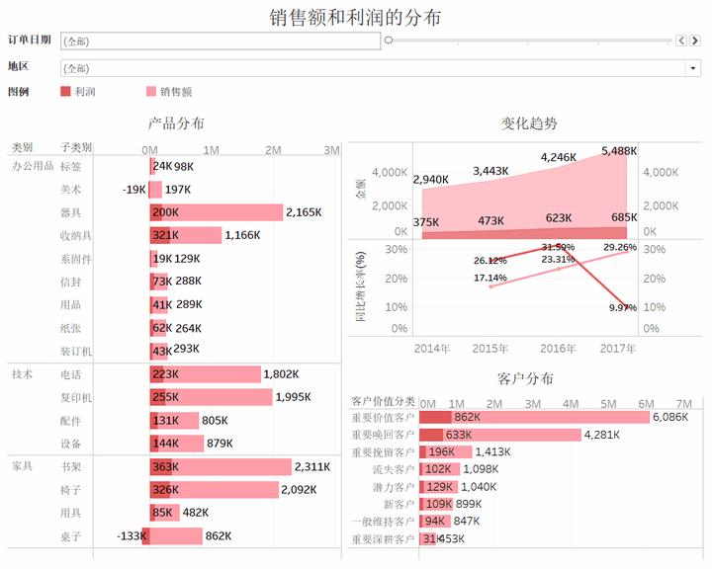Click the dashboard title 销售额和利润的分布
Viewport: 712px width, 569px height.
click(x=355, y=17)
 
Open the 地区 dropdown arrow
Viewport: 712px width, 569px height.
click(x=693, y=68)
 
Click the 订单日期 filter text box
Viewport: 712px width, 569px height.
click(x=220, y=41)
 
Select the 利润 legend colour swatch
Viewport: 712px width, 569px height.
click(x=65, y=91)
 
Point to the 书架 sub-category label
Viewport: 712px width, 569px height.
click(x=70, y=467)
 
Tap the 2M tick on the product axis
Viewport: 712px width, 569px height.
click(x=273, y=149)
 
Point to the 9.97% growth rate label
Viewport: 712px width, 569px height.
click(x=621, y=308)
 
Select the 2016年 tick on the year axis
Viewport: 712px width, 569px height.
click(x=559, y=348)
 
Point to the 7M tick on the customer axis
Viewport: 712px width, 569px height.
click(x=683, y=404)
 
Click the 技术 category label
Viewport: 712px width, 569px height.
click(x=22, y=374)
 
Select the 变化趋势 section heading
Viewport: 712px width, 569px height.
click(x=529, y=123)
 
